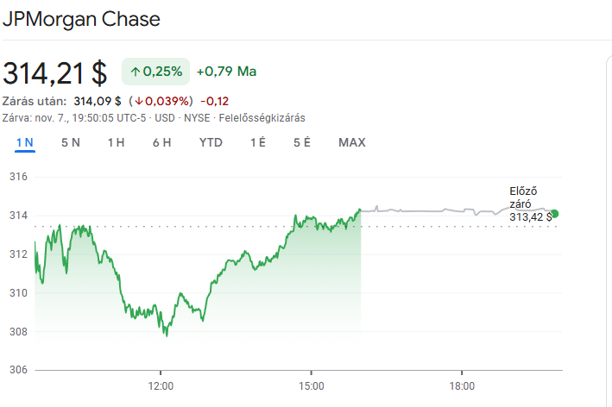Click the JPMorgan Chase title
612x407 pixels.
click(81, 19)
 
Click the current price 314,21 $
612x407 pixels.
click(55, 73)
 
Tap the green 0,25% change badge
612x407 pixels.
click(155, 72)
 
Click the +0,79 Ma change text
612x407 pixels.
click(226, 72)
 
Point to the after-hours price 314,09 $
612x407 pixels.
click(97, 101)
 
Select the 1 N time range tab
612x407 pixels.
click(24, 142)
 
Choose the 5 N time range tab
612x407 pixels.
click(71, 142)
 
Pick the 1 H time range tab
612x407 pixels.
click(116, 142)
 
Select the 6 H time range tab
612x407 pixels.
click(161, 142)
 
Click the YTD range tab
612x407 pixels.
click(211, 142)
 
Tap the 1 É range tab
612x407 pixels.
click(257, 142)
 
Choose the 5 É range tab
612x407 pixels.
click(301, 142)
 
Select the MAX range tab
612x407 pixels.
click(352, 142)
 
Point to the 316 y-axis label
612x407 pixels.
click(19, 177)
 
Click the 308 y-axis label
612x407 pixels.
click(19, 331)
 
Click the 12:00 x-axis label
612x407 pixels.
click(161, 385)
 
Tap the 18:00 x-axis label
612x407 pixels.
click(462, 385)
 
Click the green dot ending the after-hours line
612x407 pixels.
click(554, 214)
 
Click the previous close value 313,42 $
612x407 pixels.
click(530, 216)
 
